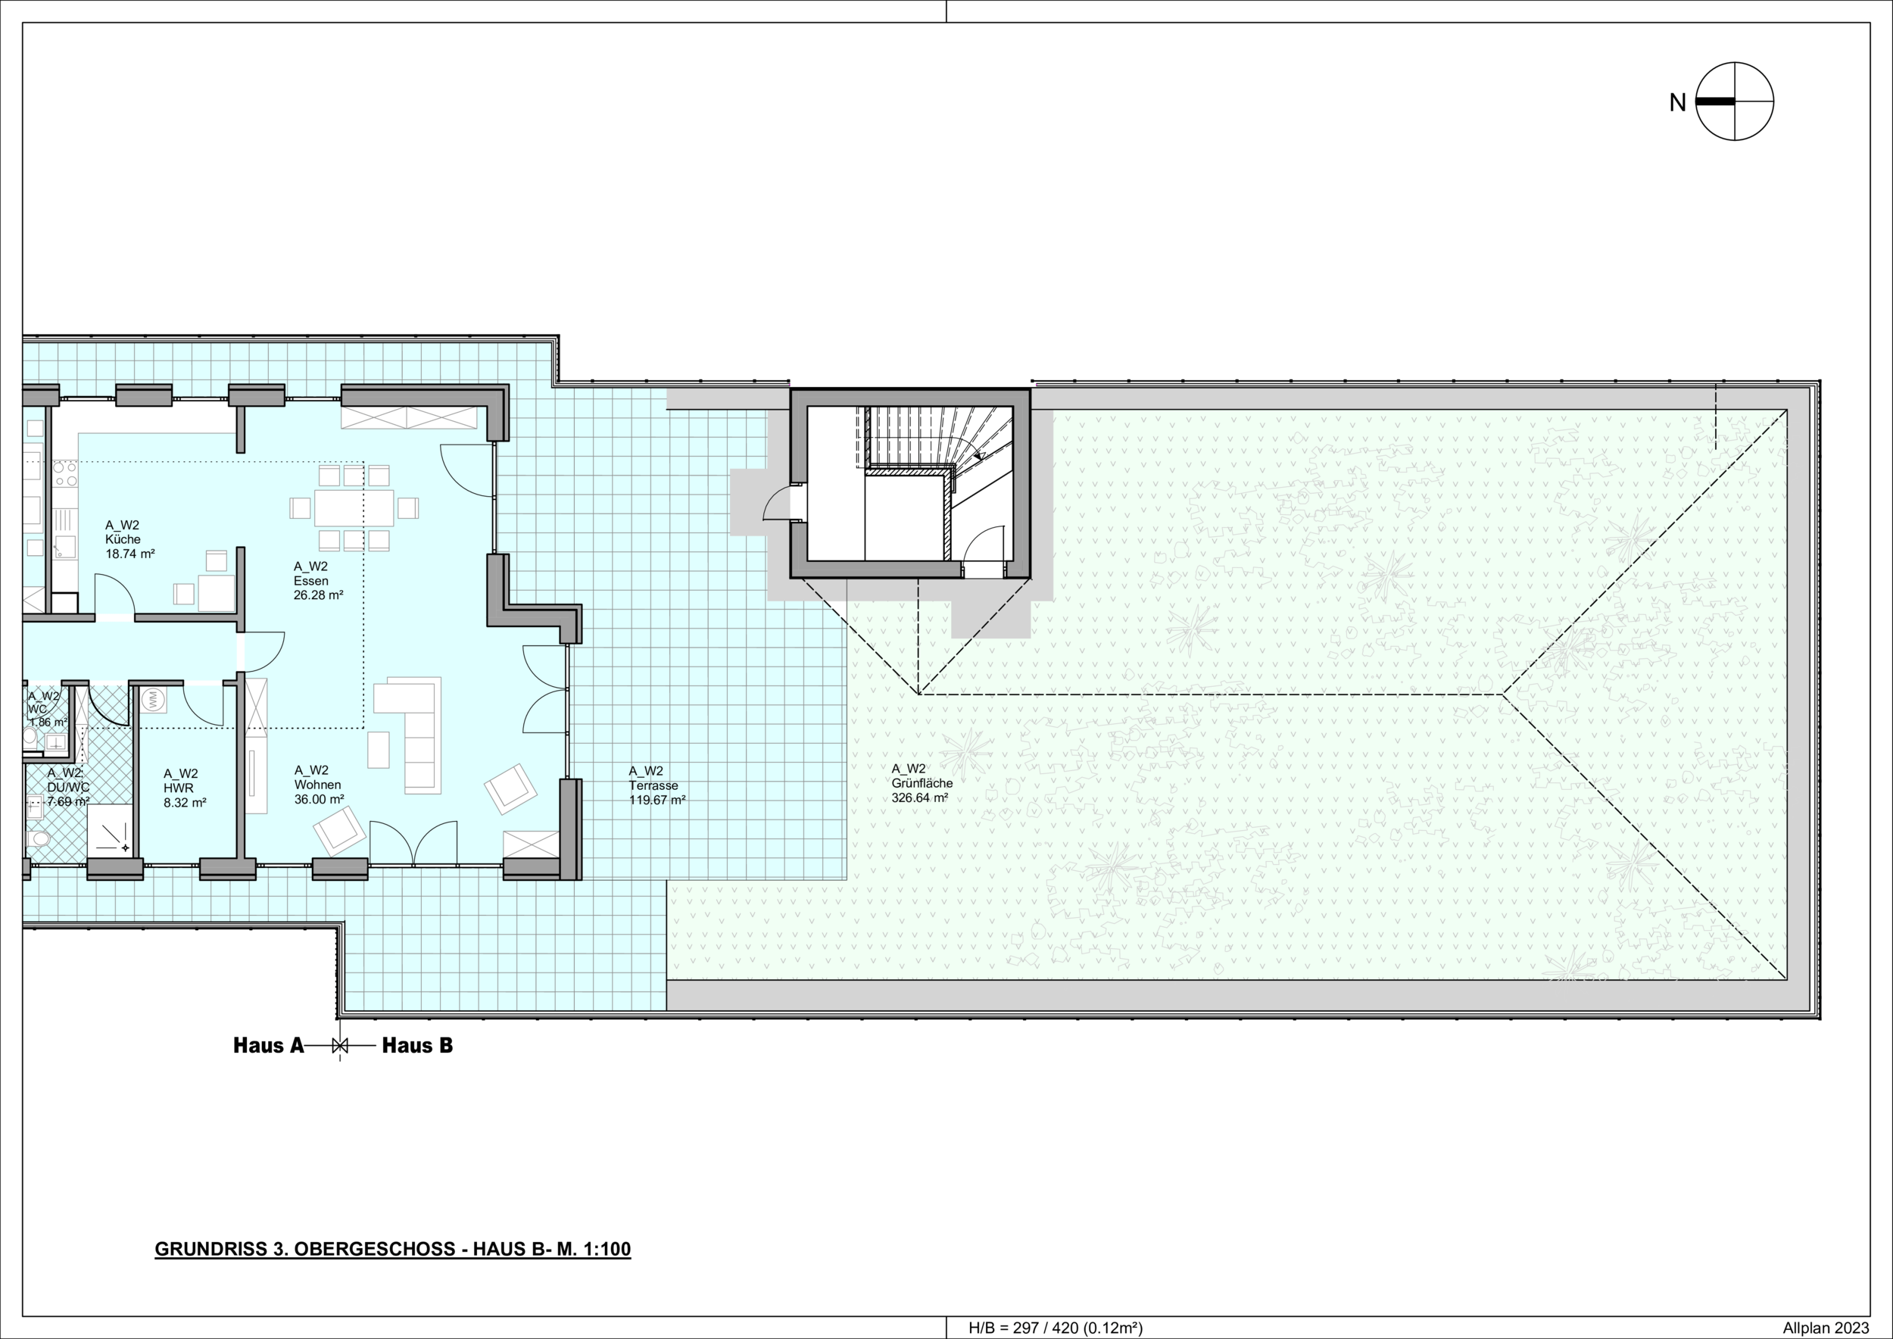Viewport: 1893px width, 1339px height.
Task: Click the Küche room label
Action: coord(123,539)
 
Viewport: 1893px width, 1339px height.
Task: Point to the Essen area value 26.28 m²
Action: coord(318,595)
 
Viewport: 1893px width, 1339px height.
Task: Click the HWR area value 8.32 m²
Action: coord(185,802)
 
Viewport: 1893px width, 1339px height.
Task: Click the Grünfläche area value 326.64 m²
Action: coord(919,798)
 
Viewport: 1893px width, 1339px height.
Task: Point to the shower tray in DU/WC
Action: coord(110,829)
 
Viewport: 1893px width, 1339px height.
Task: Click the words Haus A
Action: coord(269,1045)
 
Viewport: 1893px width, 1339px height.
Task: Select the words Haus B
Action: coord(417,1045)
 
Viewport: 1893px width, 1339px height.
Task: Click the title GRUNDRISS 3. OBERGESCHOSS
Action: coord(305,1249)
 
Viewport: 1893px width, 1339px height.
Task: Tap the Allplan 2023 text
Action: coord(1826,1328)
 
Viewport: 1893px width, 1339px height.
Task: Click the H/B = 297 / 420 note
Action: coord(1056,1328)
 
